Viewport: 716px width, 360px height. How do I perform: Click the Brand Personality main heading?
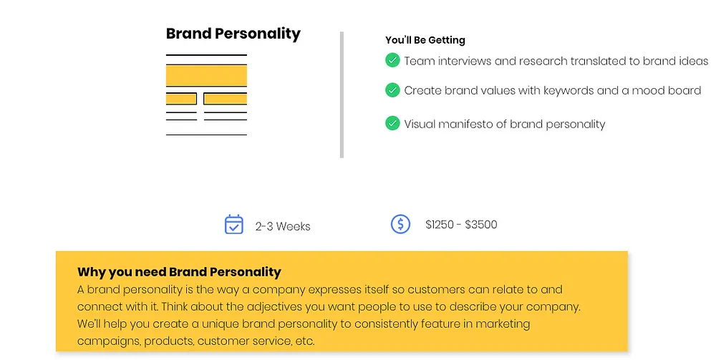233,34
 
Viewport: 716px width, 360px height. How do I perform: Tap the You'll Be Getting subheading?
425,40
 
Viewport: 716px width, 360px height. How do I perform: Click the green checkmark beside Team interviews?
392,60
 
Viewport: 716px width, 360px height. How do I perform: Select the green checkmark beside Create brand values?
392,90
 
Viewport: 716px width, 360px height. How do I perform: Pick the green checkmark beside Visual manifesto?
392,123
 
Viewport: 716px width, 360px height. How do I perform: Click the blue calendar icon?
234,225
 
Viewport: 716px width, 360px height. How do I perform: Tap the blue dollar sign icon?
400,224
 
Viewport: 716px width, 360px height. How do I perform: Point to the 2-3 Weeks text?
283,226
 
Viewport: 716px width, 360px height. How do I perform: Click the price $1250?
440,225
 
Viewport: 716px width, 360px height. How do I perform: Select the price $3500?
481,225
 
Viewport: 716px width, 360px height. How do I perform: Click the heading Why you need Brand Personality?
179,272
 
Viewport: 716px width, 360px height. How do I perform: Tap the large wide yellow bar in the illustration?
206,76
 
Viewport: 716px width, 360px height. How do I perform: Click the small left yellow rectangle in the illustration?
181,99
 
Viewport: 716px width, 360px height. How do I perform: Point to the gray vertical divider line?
342,95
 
